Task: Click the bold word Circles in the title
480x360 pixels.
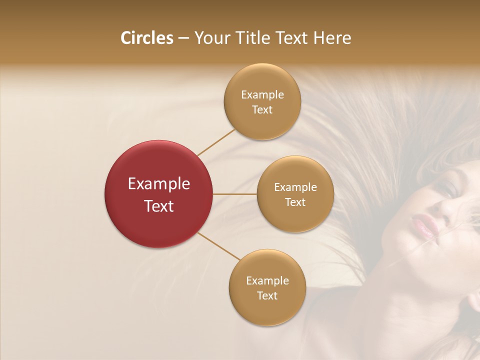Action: pos(146,38)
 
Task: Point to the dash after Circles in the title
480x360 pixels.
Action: pos(183,38)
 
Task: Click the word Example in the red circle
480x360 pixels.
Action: pos(158,184)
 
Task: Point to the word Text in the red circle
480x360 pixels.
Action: pos(158,206)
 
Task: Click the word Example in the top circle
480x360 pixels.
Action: pos(262,95)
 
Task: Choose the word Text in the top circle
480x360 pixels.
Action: pos(262,109)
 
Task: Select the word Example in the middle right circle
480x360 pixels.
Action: pos(295,187)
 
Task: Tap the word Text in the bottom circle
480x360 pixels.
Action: pos(267,295)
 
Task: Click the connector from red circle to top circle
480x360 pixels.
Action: pos(216,142)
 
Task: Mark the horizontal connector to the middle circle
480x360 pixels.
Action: pos(235,194)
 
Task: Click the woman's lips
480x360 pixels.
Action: pos(424,225)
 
